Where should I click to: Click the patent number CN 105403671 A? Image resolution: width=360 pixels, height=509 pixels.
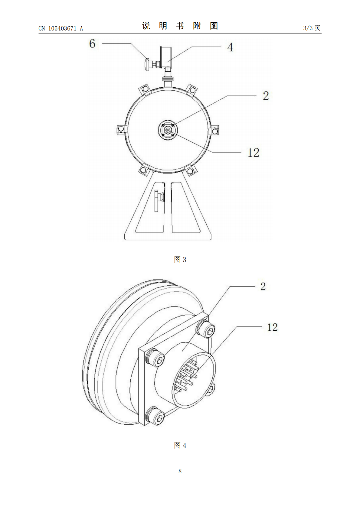(61, 28)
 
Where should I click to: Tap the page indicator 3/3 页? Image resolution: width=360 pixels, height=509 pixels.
(312, 28)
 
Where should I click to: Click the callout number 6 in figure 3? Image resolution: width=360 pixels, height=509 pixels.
(92, 44)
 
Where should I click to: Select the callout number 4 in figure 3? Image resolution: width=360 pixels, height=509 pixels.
(231, 47)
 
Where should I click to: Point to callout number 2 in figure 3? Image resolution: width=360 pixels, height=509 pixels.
(266, 96)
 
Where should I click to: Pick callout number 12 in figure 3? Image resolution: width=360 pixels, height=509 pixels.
(253, 152)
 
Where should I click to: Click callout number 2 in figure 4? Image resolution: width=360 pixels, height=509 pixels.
(263, 286)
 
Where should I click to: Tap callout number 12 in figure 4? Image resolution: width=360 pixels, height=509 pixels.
(272, 327)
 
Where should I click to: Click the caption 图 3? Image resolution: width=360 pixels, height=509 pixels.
(180, 260)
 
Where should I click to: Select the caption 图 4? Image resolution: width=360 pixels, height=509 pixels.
(180, 446)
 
